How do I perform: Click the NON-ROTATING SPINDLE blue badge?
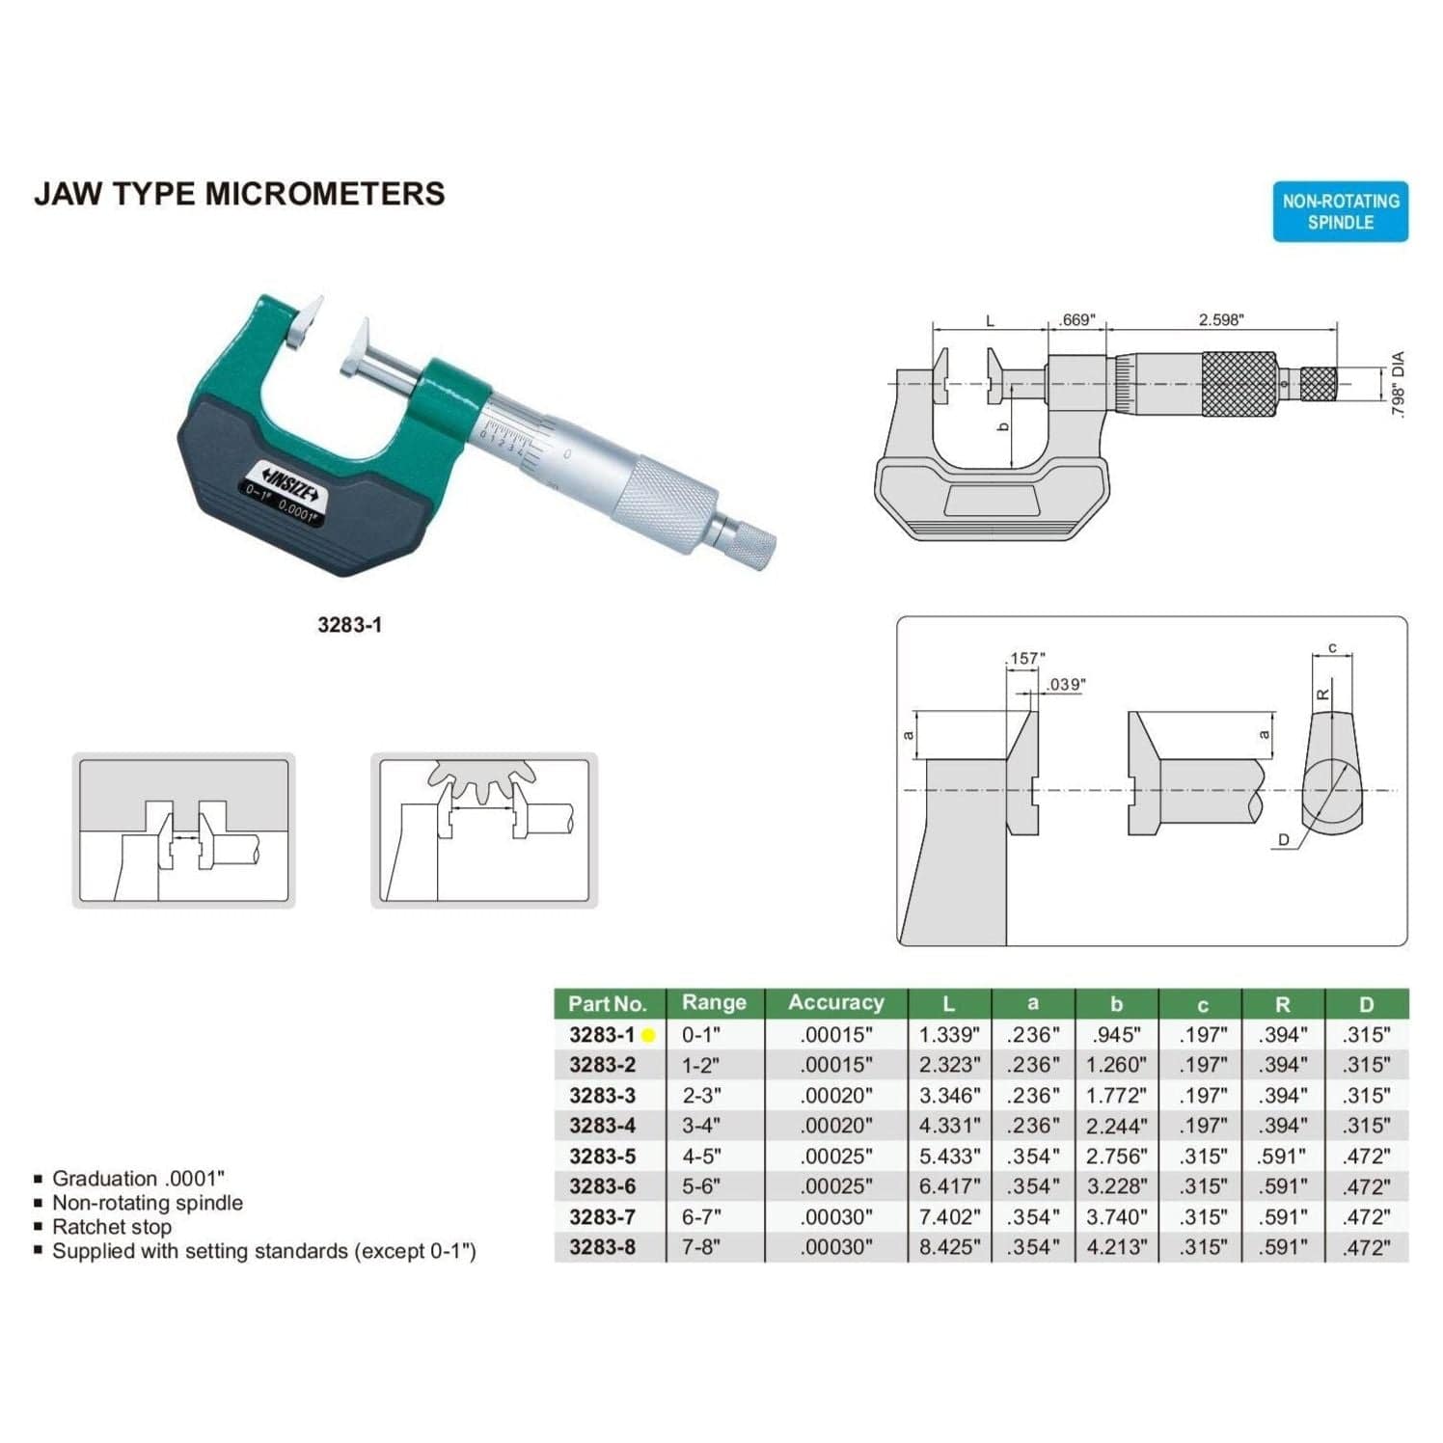[x=1340, y=211]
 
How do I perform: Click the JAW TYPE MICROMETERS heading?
[x=239, y=194]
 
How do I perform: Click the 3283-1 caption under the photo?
[x=349, y=625]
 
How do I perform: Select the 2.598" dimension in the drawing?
[x=1220, y=319]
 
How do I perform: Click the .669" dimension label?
[x=1077, y=319]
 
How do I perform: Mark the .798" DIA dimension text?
[x=1399, y=384]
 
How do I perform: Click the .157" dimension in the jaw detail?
[x=1026, y=658]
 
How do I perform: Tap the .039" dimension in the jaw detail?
[x=1065, y=684]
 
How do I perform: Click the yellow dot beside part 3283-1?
[x=648, y=1036]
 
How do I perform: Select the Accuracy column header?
[x=835, y=1003]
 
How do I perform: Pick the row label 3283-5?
[x=602, y=1156]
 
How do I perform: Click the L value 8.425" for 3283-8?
[x=949, y=1247]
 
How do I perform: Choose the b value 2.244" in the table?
[x=1116, y=1126]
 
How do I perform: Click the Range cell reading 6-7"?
[x=701, y=1217]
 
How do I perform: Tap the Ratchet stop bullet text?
[x=112, y=1227]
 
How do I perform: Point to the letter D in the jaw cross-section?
[x=1283, y=840]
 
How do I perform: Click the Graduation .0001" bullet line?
[x=138, y=1179]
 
